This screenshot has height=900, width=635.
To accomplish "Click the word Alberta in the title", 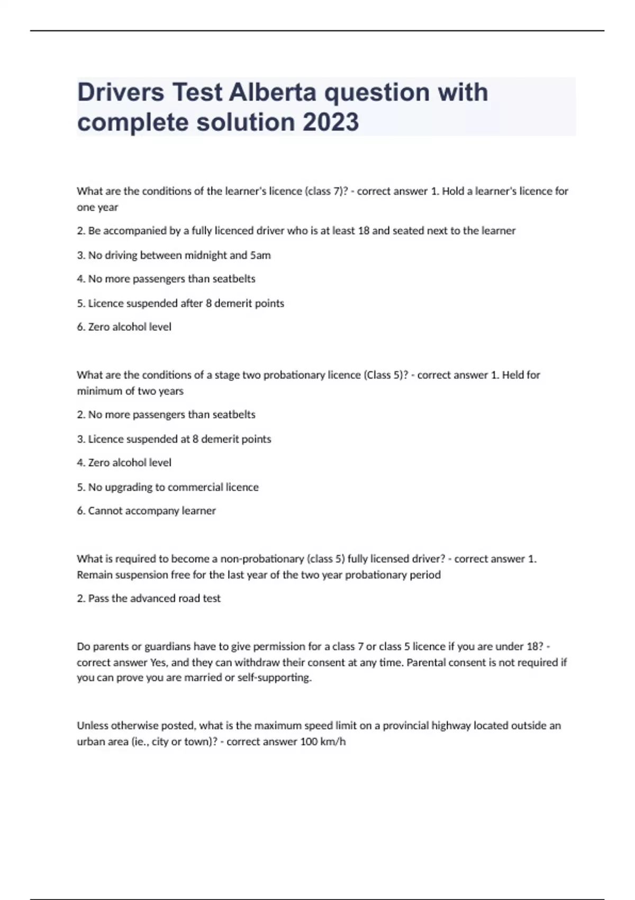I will [273, 92].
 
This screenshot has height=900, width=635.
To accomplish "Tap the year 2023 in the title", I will [331, 122].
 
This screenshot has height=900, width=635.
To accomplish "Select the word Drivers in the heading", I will [121, 92].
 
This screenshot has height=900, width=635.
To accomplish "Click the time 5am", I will [260, 255].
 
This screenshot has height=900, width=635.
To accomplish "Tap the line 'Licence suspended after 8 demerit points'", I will [180, 303].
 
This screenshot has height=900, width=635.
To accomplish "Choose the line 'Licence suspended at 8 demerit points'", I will [174, 439].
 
